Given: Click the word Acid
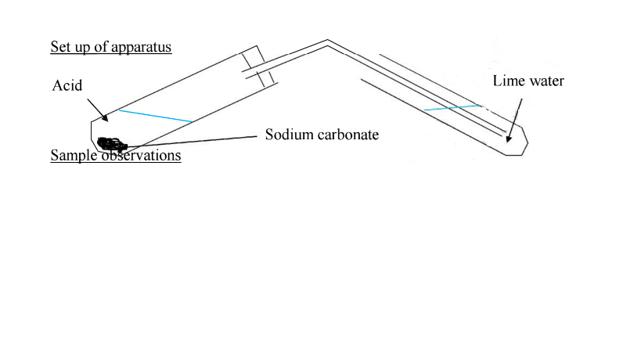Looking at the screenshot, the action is click(x=67, y=85).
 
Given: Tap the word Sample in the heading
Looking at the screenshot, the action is click(x=74, y=156).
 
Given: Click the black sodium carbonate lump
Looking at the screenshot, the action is click(x=112, y=144).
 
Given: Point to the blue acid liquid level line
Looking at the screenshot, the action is click(x=156, y=116).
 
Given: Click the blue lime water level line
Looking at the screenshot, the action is click(x=452, y=107).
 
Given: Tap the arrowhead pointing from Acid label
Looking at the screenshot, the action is click(x=105, y=118).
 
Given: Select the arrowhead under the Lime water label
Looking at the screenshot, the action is click(x=509, y=139).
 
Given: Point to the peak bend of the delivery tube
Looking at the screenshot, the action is click(x=327, y=41).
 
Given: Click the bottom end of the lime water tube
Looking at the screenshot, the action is click(x=515, y=154).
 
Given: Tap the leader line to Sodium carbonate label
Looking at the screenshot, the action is click(x=191, y=142).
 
